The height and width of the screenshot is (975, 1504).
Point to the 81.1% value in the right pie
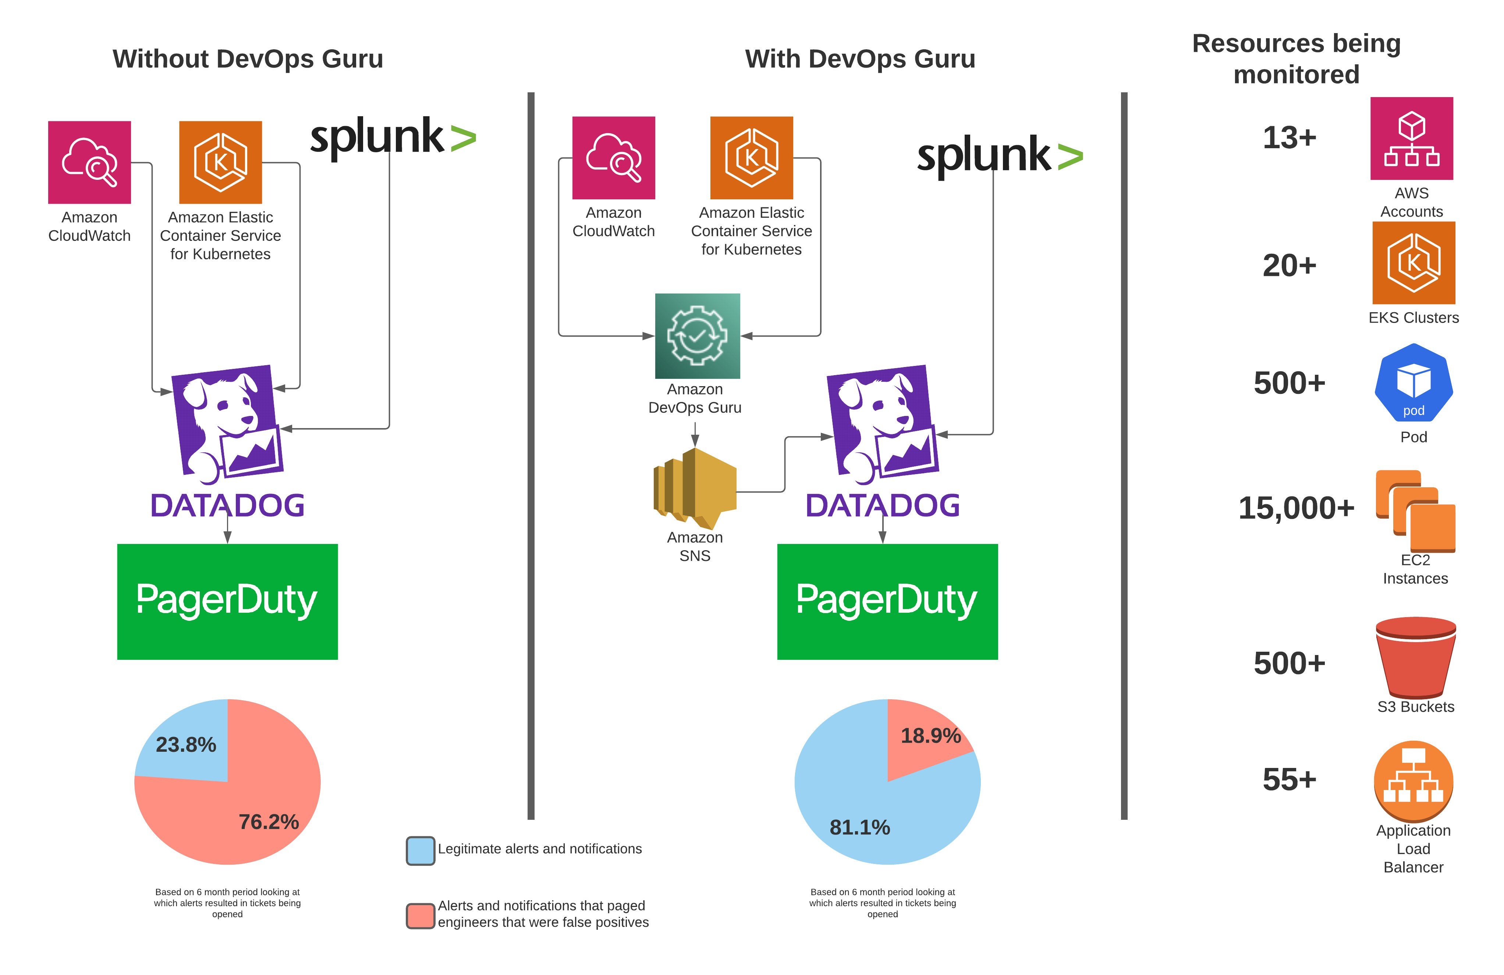click(859, 827)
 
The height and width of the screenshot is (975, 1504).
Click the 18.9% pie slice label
click(930, 736)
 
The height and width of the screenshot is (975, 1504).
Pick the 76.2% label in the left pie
click(269, 822)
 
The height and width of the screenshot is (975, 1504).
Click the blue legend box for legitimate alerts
click(420, 851)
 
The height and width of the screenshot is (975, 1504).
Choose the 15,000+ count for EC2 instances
click(1296, 508)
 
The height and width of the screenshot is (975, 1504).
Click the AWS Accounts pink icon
click(1411, 138)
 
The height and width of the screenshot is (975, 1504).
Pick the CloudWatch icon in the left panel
click(90, 163)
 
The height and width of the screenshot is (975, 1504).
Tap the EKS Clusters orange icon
click(1413, 263)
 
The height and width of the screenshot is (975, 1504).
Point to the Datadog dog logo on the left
click(227, 423)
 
